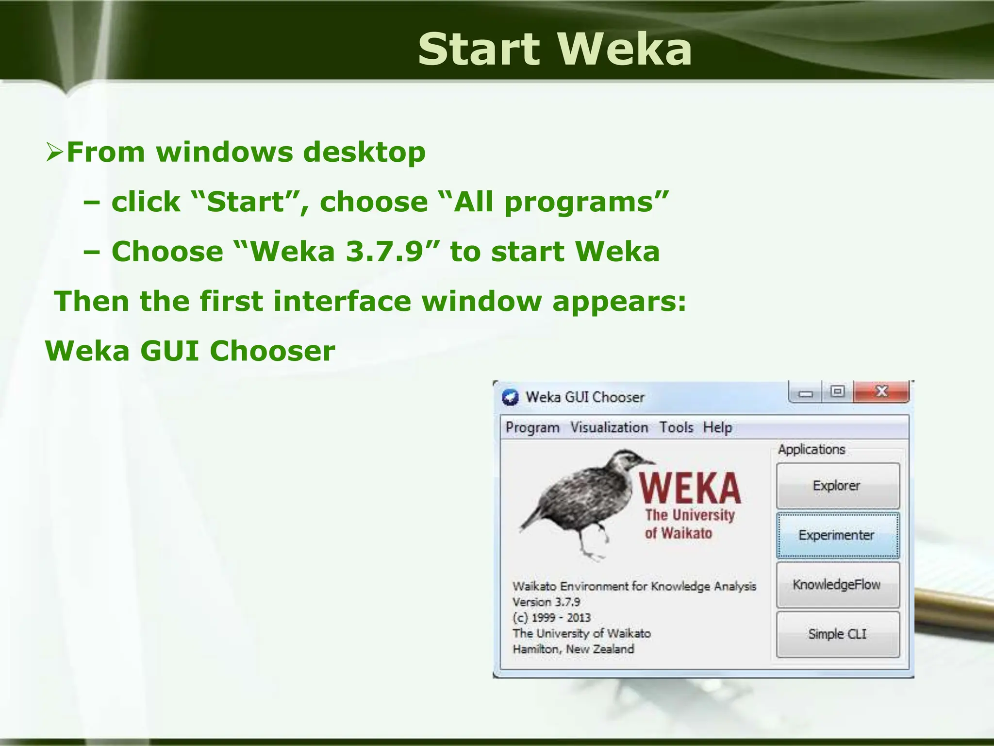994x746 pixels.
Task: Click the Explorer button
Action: tap(837, 486)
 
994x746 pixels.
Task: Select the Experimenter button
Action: tap(837, 535)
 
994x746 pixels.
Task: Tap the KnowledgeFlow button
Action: tap(837, 585)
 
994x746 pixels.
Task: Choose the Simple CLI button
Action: tap(837, 634)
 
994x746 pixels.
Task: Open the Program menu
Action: tap(532, 428)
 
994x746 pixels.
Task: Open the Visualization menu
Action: tap(609, 428)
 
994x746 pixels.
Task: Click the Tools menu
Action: tap(676, 428)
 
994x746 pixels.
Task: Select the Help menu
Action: tap(717, 428)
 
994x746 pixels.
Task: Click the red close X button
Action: tap(881, 391)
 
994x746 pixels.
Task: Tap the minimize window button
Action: tap(806, 392)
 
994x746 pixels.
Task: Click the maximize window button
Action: tap(838, 391)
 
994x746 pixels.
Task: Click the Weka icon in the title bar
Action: tap(511, 397)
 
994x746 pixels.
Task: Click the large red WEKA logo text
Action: tap(690, 488)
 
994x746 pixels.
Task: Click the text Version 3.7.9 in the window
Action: tap(547, 602)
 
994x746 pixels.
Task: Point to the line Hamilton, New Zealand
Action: tap(573, 649)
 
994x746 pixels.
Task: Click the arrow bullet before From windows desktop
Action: tap(54, 152)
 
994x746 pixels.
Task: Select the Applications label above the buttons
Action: tap(812, 450)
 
